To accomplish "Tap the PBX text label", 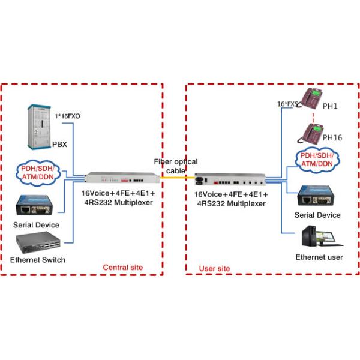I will (59, 145).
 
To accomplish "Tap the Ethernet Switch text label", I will (38, 260).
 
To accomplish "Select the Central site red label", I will (122, 267).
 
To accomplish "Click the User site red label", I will (214, 267).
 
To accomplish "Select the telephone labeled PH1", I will (313, 98).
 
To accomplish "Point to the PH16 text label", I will (332, 138).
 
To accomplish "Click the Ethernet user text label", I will (319, 257).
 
